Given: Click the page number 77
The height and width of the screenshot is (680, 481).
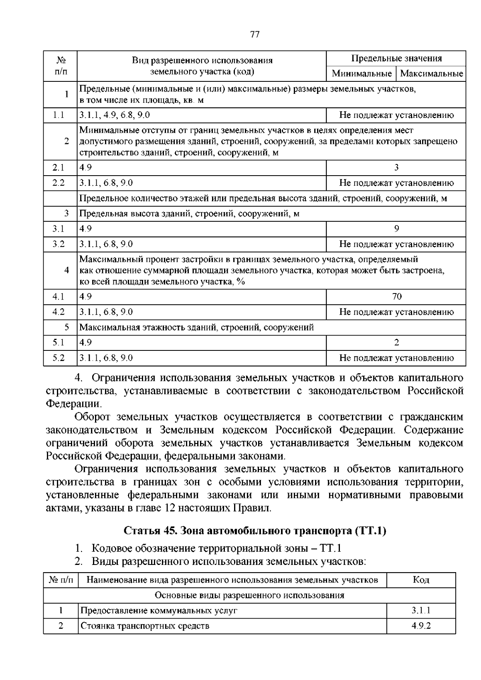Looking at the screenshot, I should point(255,34).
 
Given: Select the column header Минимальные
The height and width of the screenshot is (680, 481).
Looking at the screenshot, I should point(361,74).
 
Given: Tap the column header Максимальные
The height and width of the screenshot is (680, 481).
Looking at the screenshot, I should point(431,74).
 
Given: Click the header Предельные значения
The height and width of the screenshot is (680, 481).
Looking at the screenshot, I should point(396,59).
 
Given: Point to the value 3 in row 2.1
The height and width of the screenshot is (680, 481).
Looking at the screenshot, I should point(396,168).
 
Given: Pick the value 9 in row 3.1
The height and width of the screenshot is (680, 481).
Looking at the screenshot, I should point(396,229).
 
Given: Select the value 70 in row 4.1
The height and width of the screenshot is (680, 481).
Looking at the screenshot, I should point(396,297).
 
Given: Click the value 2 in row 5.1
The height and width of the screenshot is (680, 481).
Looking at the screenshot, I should point(396,342).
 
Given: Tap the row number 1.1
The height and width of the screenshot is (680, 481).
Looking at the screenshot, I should point(59,115).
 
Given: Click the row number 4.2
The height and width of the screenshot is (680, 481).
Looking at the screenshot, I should point(59,312).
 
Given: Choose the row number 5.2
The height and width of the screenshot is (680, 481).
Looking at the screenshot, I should point(59,358).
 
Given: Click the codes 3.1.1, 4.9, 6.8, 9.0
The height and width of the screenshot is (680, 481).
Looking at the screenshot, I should point(115,115).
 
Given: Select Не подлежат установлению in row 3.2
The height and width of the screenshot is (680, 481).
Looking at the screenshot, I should point(396,244).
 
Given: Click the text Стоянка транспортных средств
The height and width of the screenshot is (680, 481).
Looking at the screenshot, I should point(145,626).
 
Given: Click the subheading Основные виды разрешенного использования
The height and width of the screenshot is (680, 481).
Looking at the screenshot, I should point(249,595).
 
